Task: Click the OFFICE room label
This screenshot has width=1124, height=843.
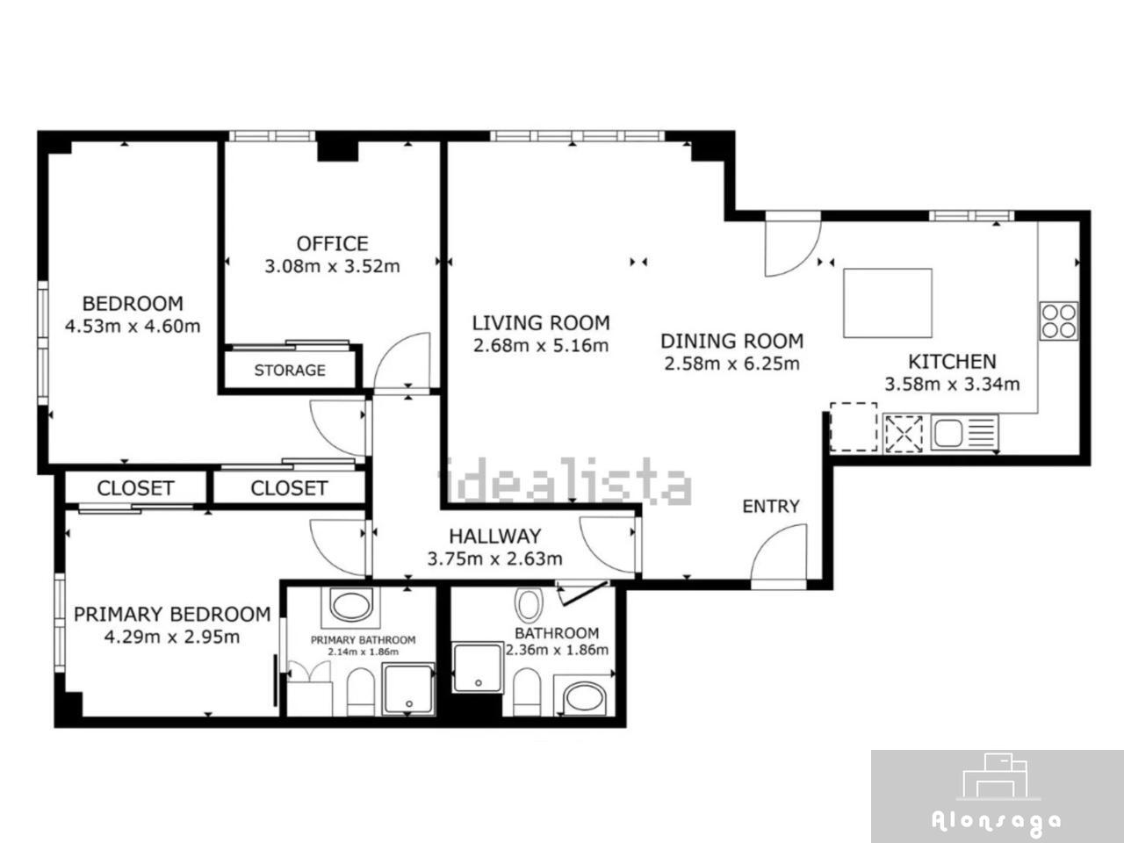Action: point(332,243)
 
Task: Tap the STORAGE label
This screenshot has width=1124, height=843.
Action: point(290,370)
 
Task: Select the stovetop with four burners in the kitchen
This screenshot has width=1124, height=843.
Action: point(1058,321)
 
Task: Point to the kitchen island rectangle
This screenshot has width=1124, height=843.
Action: point(888,303)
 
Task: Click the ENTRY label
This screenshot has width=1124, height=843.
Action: point(771,506)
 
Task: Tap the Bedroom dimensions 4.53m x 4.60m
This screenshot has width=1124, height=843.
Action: point(133,326)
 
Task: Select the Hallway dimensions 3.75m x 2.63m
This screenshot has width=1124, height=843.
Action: point(494,558)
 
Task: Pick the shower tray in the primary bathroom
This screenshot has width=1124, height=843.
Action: point(409,689)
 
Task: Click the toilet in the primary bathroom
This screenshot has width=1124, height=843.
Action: point(361,692)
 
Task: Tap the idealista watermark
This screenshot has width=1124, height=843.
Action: point(566,481)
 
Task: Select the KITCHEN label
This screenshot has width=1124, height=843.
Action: point(952,362)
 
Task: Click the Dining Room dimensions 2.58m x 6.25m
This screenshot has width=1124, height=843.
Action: point(731,364)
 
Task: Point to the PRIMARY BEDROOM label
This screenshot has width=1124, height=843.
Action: point(172,614)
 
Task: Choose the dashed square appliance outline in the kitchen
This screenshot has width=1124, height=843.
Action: point(854,427)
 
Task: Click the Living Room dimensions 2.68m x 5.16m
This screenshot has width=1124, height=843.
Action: point(541,345)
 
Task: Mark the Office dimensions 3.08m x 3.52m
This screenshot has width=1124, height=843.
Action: point(332,266)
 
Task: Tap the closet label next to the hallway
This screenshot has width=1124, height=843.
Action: point(289,488)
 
